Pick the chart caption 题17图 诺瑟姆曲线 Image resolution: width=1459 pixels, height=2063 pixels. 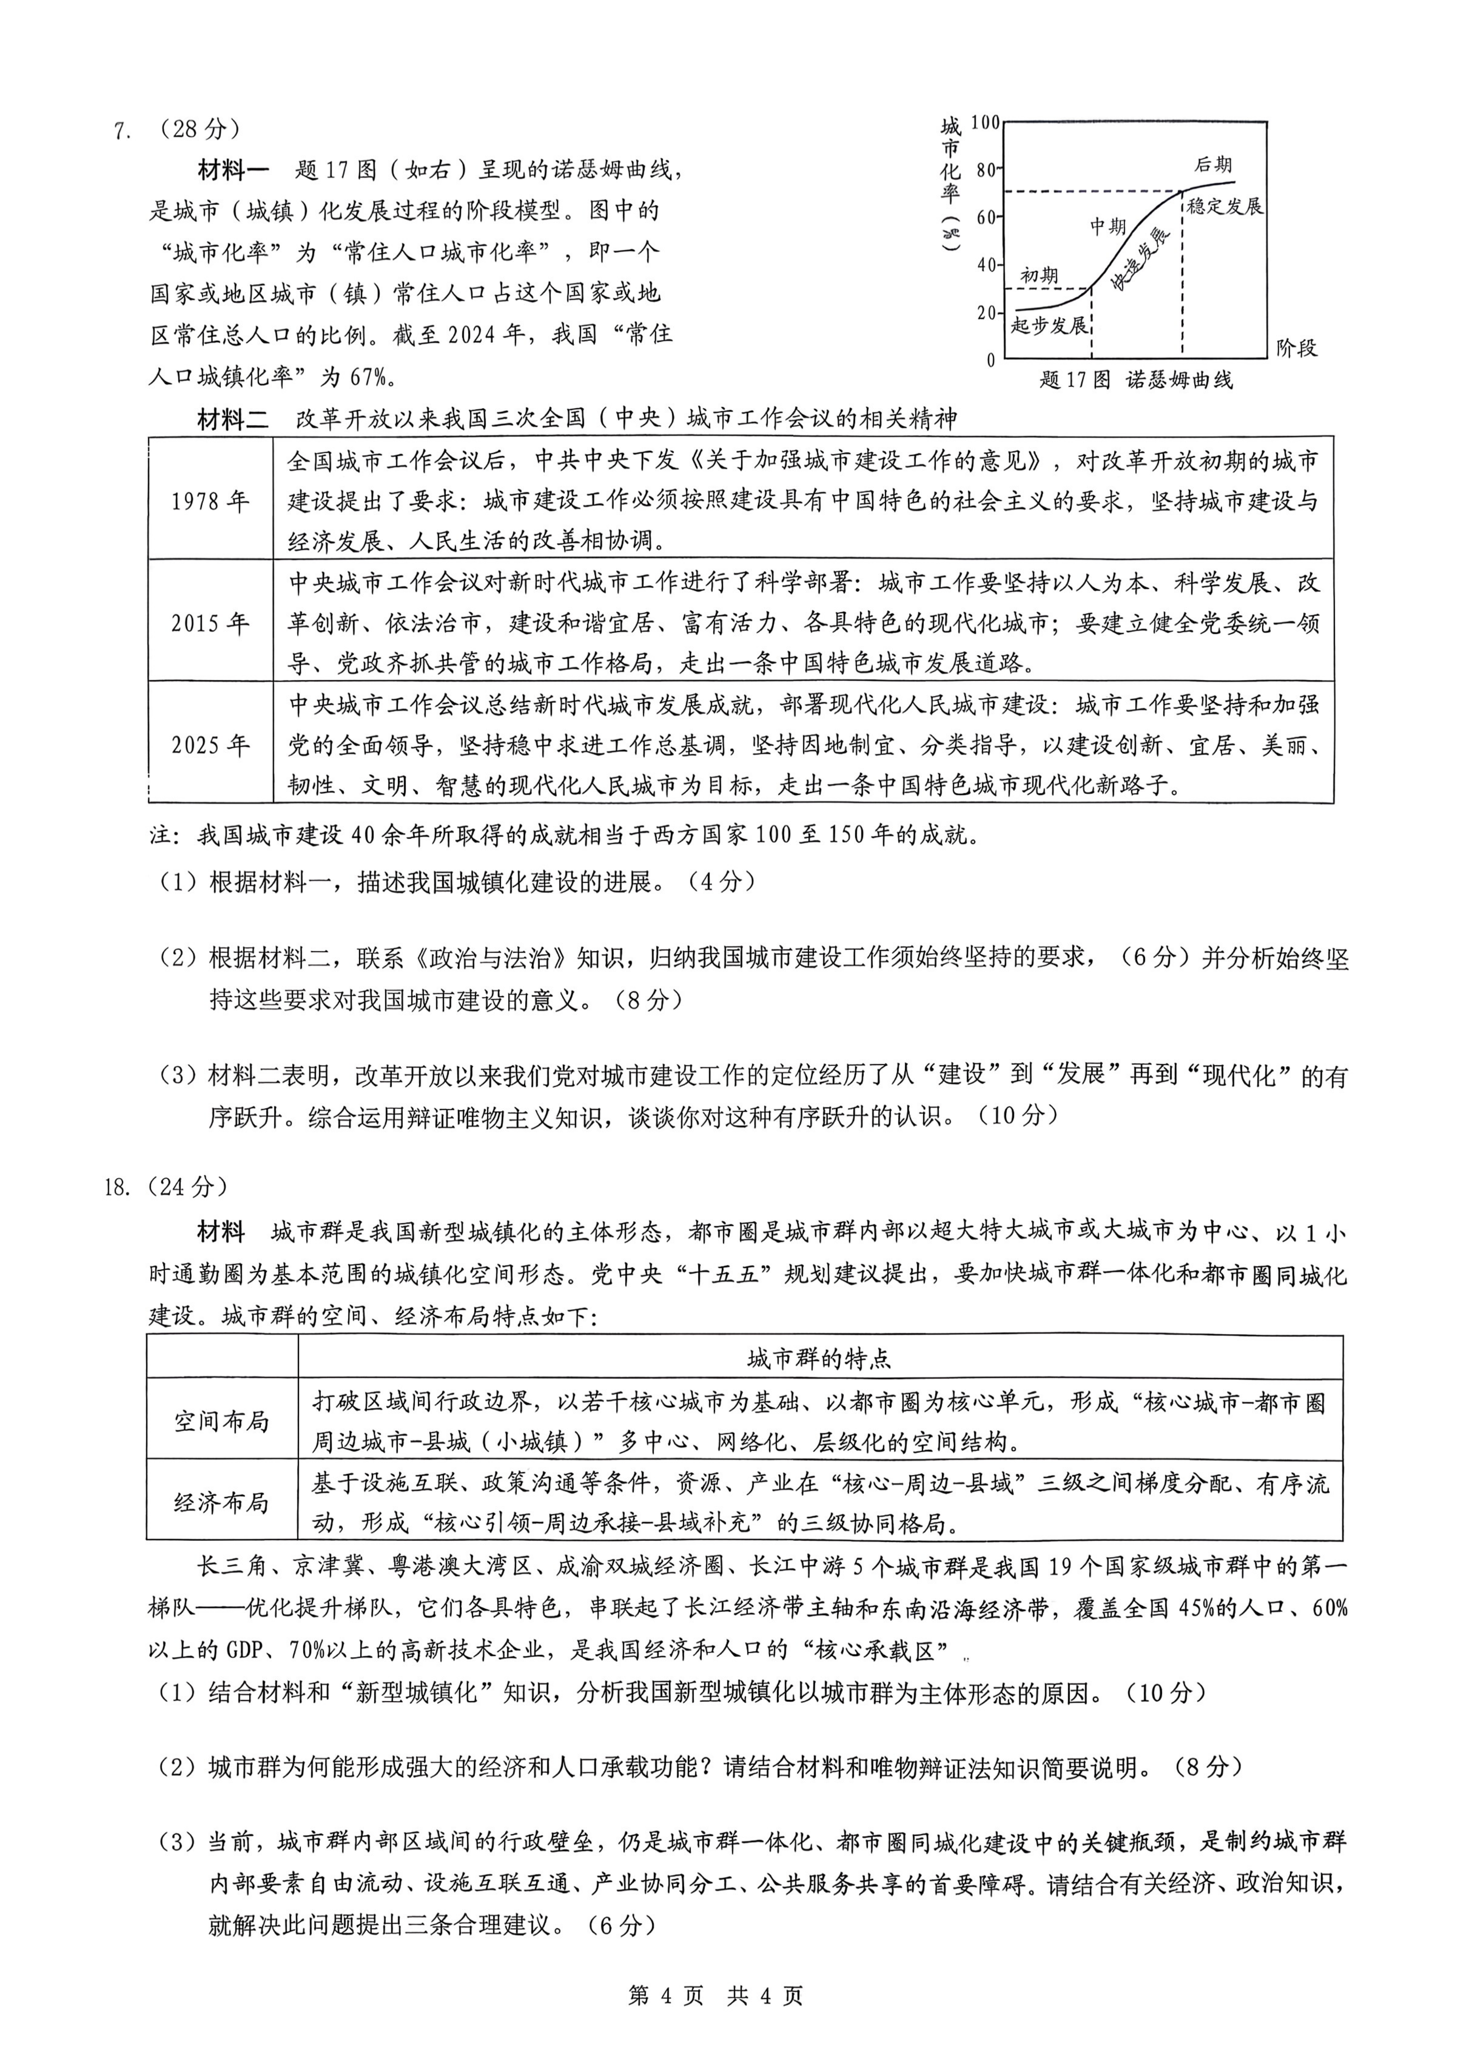1136,380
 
